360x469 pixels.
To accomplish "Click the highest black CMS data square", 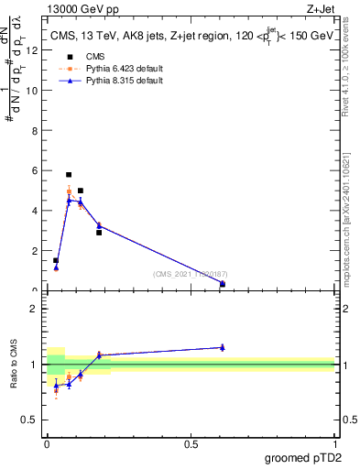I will point(69,174).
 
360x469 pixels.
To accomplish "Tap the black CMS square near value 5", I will point(81,191).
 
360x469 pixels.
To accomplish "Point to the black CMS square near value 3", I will point(99,233).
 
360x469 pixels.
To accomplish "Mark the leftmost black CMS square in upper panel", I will point(56,260).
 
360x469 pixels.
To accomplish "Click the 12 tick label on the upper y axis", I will point(35,50).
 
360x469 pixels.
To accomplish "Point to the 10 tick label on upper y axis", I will point(35,91).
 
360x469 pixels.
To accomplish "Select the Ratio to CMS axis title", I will point(15,363).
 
